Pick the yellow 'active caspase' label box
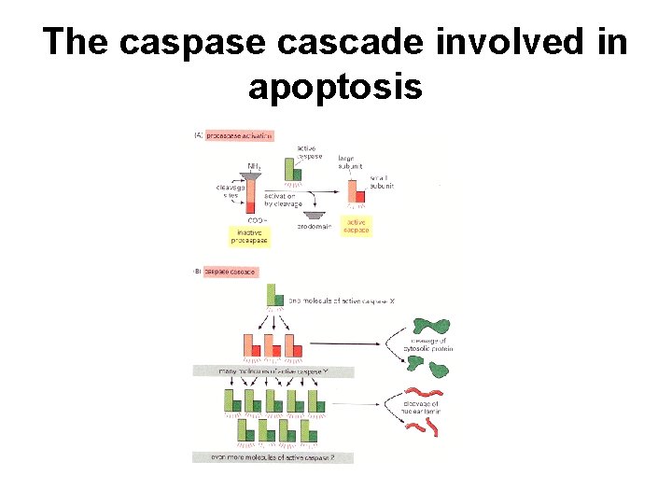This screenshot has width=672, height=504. (357, 226)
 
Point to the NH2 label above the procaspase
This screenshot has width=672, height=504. (254, 166)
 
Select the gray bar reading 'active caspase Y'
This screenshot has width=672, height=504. (262, 371)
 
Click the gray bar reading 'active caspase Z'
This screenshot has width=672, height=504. (262, 456)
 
